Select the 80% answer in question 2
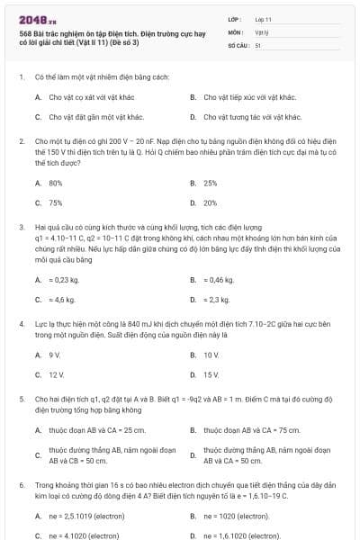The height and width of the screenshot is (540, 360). coord(56,183)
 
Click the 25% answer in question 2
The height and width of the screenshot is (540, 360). coord(211,183)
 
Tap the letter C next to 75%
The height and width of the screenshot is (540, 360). coord(38,203)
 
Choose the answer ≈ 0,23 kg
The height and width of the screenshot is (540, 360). coord(64,280)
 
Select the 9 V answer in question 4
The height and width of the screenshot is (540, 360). coord(54,355)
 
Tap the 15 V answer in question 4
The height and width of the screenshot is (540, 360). coord(211,374)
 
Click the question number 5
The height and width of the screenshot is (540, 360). coord(21,397)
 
